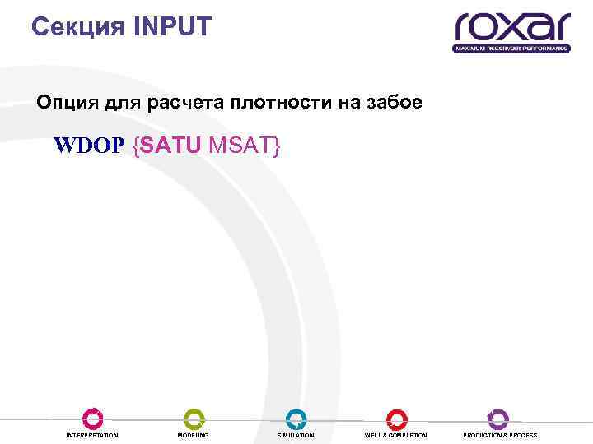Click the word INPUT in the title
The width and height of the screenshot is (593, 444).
coord(170,28)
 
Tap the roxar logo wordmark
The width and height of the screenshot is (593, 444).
coord(511,28)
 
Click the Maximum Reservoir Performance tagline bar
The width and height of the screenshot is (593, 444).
coord(511,49)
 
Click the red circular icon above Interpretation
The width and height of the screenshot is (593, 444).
coord(92,419)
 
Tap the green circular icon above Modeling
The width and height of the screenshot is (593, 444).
coord(194,419)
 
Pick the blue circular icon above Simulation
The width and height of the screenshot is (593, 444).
coord(296,419)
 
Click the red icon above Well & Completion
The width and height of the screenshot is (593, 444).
coord(396,419)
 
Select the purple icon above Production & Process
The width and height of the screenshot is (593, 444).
coord(498,419)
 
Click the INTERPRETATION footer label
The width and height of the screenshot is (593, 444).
coord(92,435)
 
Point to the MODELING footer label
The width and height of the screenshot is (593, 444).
coord(194,435)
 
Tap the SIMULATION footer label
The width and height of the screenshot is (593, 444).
coord(296,435)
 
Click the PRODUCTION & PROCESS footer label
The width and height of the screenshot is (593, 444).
coord(500,435)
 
